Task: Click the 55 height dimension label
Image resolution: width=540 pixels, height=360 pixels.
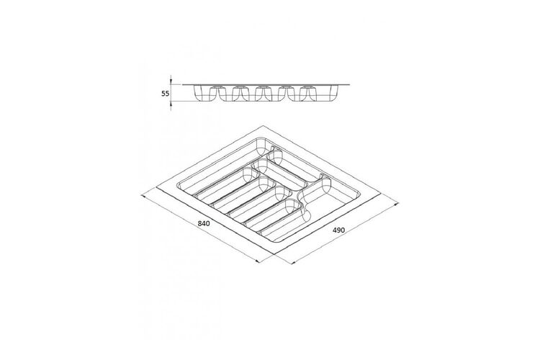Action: pyautogui.click(x=166, y=94)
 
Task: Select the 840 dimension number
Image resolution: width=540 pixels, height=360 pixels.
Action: pyautogui.click(x=204, y=224)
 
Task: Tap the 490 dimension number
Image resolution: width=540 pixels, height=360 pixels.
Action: pyautogui.click(x=338, y=230)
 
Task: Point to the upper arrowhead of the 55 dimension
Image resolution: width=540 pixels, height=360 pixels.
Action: pyautogui.click(x=171, y=82)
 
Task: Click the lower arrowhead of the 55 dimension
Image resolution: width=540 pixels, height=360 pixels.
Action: pyautogui.click(x=171, y=104)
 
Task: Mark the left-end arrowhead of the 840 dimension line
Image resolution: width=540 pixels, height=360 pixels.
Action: pyautogui.click(x=143, y=197)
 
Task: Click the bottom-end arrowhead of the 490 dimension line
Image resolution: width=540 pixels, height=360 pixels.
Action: pyautogui.click(x=294, y=263)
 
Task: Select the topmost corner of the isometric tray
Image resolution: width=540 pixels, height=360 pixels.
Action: pyautogui.click(x=263, y=126)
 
